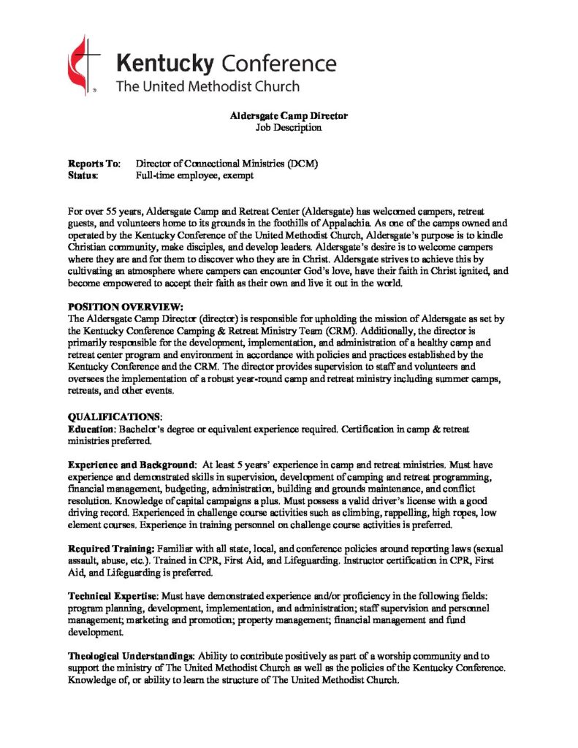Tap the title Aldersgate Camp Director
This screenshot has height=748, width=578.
289,115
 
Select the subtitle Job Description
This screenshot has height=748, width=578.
289,127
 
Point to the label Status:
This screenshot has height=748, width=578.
83,175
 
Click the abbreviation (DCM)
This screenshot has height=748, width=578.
303,164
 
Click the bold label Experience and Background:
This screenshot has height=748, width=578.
132,465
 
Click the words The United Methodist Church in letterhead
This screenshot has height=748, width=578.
208,86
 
